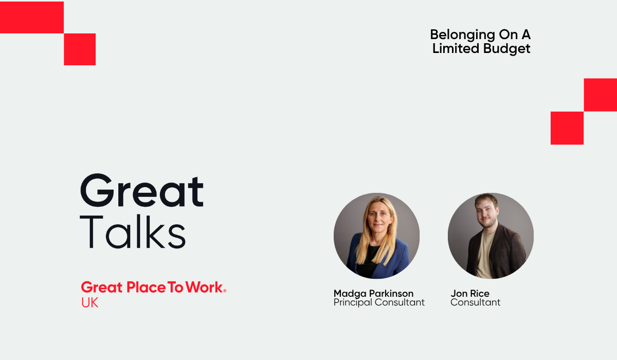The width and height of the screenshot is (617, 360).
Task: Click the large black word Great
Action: [142, 191]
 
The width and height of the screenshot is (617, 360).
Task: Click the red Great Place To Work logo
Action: [152, 287]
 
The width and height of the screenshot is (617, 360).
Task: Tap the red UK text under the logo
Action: [89, 303]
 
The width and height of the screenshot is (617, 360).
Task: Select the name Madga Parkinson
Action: [373, 294]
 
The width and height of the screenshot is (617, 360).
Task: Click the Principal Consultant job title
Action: [379, 302]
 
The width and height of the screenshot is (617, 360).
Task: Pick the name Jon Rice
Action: [470, 294]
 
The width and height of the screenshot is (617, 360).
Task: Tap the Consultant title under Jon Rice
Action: [475, 302]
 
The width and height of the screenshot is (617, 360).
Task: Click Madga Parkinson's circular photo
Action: [376, 236]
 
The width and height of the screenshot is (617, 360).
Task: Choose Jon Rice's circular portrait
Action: [491, 236]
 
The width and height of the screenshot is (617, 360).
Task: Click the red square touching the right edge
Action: [600, 95]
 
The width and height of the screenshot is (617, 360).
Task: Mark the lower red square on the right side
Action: [567, 128]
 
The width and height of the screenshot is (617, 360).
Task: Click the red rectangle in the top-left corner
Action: [31, 17]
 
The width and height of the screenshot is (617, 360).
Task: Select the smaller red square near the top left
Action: [80, 49]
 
